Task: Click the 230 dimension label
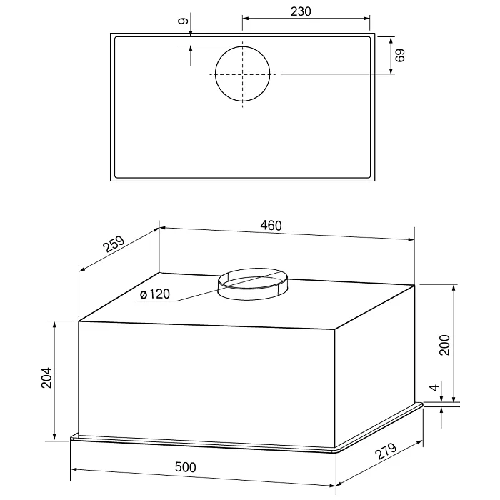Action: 301,11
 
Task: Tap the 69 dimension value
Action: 399,55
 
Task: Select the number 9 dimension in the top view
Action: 183,21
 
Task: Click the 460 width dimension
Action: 271,226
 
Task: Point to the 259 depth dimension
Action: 114,244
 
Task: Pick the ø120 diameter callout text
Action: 155,294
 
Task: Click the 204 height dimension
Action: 46,378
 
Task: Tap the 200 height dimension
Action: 444,345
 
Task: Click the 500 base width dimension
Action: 185,467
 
